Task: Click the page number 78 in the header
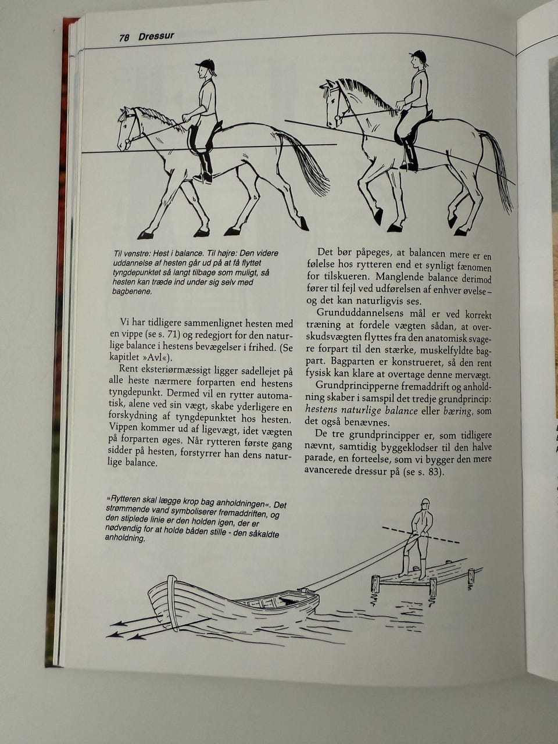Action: tap(124, 38)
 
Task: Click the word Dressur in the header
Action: tap(156, 37)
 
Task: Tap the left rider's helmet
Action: tap(205, 65)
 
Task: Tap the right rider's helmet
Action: tap(418, 56)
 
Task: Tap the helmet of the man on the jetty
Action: tap(425, 503)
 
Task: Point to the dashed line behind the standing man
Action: tap(442, 538)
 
